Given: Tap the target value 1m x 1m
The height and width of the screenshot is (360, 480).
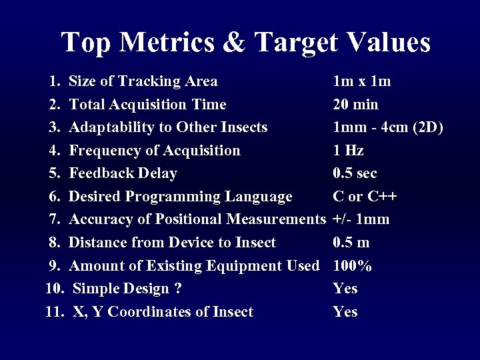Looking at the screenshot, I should click(361, 81).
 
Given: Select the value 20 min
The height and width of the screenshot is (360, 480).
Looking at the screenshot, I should click(355, 105).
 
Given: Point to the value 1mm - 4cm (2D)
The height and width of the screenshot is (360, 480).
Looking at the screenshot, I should click(387, 127).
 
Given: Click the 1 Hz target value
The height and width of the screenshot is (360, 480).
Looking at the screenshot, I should click(348, 151).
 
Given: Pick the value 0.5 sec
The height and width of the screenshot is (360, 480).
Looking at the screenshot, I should click(355, 173).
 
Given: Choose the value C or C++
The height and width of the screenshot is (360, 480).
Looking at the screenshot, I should click(365, 197).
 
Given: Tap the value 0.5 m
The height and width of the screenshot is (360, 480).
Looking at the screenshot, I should click(351, 243).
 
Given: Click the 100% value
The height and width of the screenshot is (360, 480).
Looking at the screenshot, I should click(352, 266).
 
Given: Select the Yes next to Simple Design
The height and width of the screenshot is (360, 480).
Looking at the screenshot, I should click(345, 289).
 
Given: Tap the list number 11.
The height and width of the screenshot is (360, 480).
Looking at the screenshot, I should click(53, 312).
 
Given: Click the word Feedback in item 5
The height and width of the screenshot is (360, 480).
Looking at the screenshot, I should click(99, 173).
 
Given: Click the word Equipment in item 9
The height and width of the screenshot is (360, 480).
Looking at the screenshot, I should click(246, 266).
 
